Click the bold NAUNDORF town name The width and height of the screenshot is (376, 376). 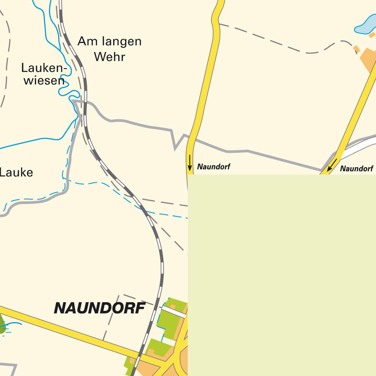[x=100, y=308]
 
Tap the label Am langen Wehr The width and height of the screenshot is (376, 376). [x=109, y=49]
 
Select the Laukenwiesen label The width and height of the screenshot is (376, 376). [x=44, y=74]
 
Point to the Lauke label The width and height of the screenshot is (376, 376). [x=16, y=173]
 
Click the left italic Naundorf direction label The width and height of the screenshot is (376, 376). [x=214, y=167]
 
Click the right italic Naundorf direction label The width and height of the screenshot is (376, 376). [x=356, y=169]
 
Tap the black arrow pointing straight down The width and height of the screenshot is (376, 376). [x=190, y=162]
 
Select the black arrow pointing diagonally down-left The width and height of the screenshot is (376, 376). [x=332, y=165]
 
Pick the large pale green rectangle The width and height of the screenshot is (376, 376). [x=282, y=274]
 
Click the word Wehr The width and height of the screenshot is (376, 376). [x=109, y=57]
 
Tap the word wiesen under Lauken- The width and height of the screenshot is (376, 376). [x=44, y=80]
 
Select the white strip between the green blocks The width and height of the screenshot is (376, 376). [x=173, y=311]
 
